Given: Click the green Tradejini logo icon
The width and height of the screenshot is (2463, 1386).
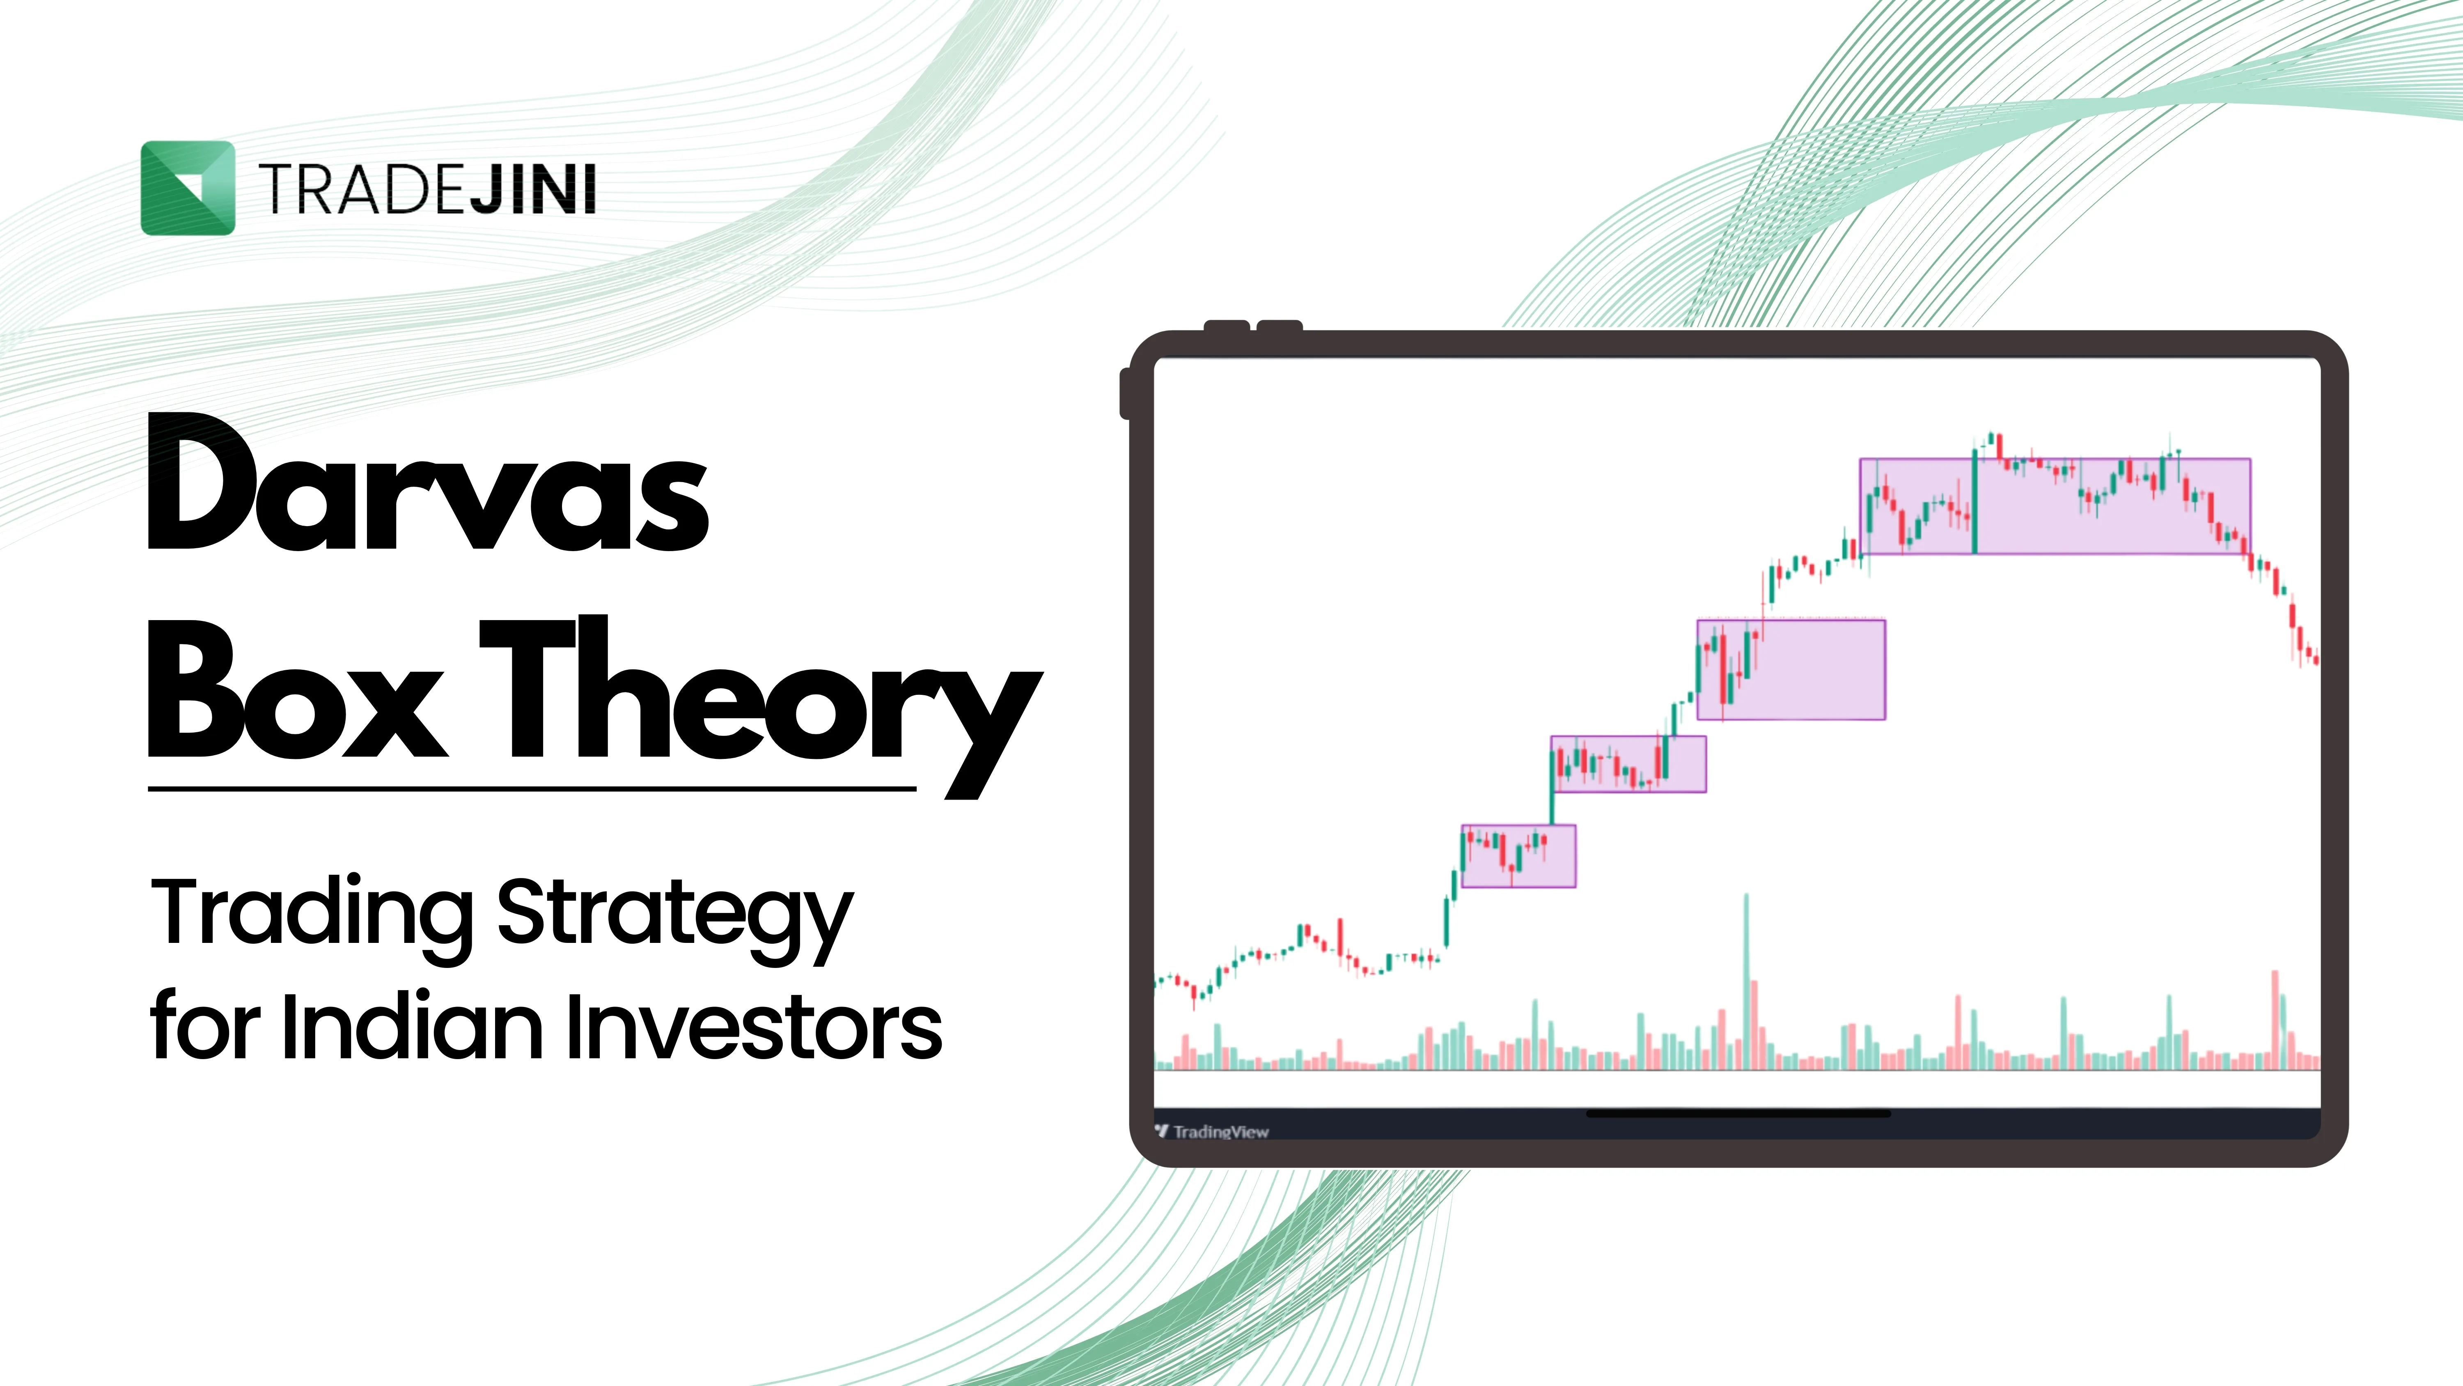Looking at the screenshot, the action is [188, 188].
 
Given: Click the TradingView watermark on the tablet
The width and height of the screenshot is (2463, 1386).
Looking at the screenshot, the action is [1212, 1131].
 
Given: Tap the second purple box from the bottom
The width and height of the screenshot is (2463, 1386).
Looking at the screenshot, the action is [1628, 763].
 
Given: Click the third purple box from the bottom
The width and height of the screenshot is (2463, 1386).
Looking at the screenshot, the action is [1791, 669].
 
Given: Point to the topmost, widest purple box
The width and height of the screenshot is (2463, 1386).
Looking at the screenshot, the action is [2055, 506].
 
